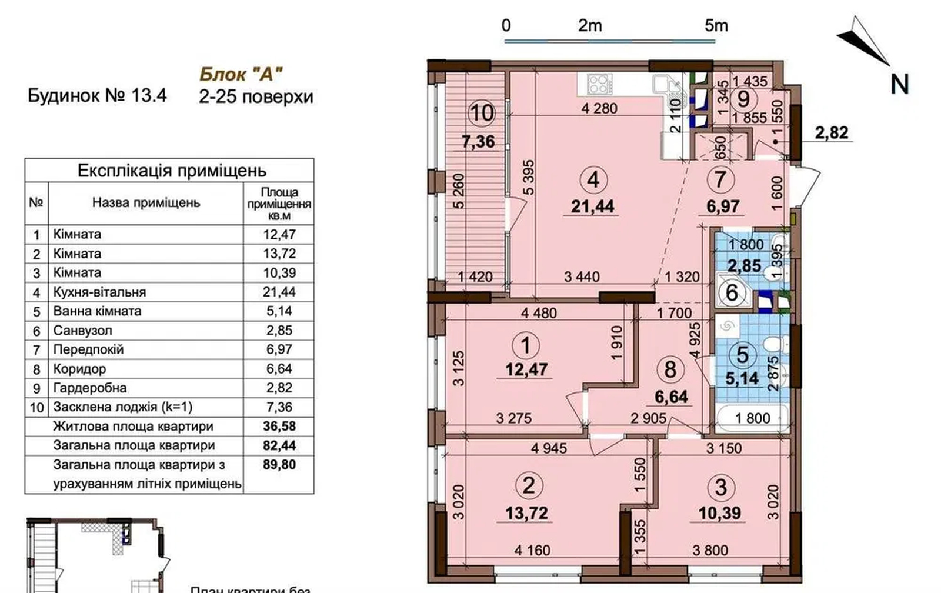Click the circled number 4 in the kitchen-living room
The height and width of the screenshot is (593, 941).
(x=593, y=180)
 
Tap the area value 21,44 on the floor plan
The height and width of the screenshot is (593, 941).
(x=593, y=206)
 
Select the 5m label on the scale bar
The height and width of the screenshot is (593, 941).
(x=716, y=26)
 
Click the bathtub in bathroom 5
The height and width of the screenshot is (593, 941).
(x=753, y=418)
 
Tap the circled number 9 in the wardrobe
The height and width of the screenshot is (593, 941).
(x=743, y=99)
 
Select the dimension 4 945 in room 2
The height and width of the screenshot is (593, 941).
(x=549, y=448)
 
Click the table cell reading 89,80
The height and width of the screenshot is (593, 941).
(x=279, y=464)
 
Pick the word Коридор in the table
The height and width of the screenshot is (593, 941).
(x=79, y=369)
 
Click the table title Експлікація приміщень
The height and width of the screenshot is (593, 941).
(x=172, y=171)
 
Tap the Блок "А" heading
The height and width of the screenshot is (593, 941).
(x=241, y=74)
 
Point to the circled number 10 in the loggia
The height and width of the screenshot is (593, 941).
(x=482, y=112)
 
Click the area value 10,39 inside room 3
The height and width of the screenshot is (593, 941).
(x=720, y=513)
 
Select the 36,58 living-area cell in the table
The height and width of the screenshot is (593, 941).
(x=279, y=426)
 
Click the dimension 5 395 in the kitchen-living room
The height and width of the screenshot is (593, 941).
(x=529, y=177)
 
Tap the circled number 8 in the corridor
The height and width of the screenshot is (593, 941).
(x=670, y=369)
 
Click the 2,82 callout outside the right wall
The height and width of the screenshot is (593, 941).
(x=832, y=133)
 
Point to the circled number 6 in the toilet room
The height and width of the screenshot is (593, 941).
(x=732, y=292)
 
